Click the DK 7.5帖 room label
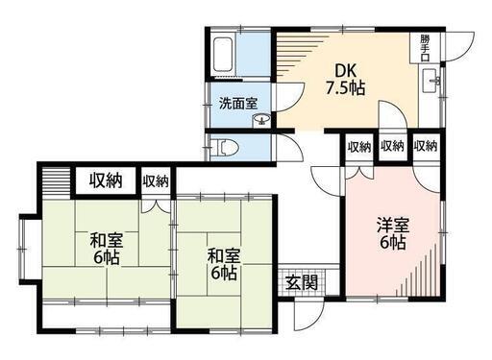tap(346, 79)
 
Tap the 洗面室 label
tap(238, 104)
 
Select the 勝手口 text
tap(425, 48)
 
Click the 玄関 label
tap(302, 282)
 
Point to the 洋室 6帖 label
tap(393, 233)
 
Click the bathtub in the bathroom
tap(223, 55)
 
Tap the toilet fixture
tap(229, 147)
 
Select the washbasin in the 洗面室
tap(262, 120)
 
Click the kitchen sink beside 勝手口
tap(430, 81)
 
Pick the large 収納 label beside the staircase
tap(106, 180)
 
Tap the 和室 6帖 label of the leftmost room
tap(107, 249)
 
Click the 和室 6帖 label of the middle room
tap(224, 264)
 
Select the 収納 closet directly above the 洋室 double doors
tap(359, 147)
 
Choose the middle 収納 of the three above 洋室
tap(392, 146)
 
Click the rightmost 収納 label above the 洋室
tap(426, 146)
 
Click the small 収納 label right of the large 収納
tap(156, 181)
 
